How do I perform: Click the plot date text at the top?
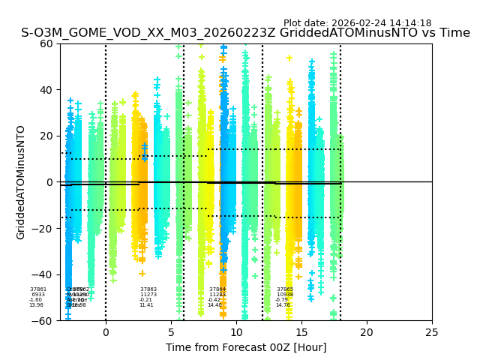357,23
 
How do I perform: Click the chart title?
245,34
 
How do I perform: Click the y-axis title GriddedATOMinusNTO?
21,182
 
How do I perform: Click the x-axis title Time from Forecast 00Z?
246,347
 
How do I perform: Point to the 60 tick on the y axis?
46,43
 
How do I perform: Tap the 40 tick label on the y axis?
46,90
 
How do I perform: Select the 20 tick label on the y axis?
46,136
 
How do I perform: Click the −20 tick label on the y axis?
43,229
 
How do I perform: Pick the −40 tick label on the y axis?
43,274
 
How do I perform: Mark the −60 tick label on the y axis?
43,321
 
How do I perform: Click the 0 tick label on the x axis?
106,331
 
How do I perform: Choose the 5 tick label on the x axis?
171,331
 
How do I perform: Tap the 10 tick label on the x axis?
236,331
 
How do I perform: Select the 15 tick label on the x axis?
301,331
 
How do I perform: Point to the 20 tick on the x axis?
367,331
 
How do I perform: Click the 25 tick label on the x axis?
432,331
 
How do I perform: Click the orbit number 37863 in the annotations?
148,289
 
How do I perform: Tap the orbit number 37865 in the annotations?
285,289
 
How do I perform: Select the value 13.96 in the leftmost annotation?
36,305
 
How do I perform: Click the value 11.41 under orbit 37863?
146,305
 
